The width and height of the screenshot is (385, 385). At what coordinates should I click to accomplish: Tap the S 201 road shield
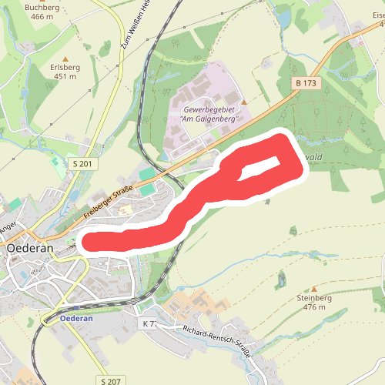point(81,163)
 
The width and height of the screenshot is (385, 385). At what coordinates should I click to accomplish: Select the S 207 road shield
point(109,380)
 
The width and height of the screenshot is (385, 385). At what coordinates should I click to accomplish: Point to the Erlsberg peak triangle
point(65,59)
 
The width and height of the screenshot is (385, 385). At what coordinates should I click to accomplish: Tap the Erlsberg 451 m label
point(63,72)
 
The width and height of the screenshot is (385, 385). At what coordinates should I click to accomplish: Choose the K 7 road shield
point(149,323)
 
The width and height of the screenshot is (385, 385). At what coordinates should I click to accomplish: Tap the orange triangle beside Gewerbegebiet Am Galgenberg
point(244,102)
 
